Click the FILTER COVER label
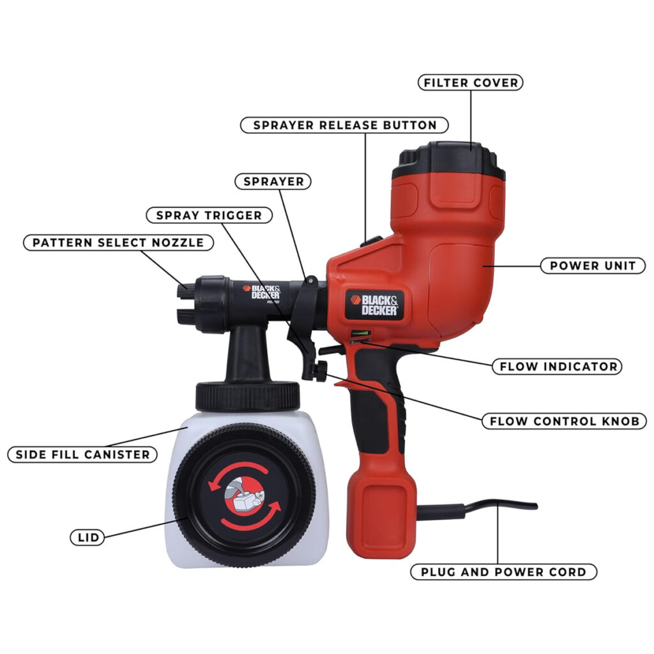coord(471,82)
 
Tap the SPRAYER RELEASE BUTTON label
coord(344,125)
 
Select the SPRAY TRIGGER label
coord(209,215)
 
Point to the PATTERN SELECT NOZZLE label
coord(118,242)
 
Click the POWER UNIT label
coord(593,265)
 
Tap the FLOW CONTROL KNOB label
coord(565,421)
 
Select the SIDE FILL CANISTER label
coord(82,454)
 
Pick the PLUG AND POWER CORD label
coord(503,572)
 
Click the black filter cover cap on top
coord(449,160)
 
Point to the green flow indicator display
coord(360,333)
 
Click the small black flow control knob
coord(320,371)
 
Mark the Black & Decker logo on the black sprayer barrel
coord(262,293)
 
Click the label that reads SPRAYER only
coord(273,181)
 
